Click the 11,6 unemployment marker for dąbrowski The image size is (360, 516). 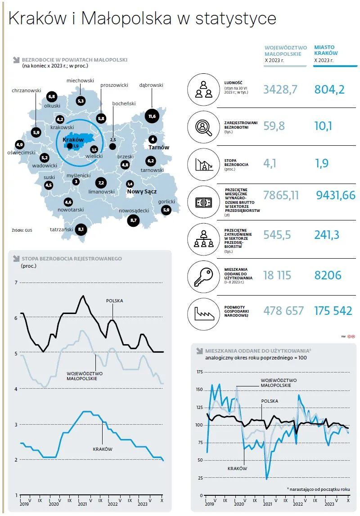pos(152,116)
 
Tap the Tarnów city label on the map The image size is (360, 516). pos(158,148)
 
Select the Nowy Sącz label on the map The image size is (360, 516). pos(142,192)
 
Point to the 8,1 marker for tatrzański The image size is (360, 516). pos(81,229)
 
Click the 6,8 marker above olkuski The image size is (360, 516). pos(52,96)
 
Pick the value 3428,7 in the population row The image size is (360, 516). pos(280,89)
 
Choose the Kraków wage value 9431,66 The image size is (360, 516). pos(336,195)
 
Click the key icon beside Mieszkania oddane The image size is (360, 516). pos(203,277)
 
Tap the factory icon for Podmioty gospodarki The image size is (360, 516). pos(203,314)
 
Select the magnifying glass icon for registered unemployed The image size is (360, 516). pos(203,127)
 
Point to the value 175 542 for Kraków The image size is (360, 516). pos(333,311)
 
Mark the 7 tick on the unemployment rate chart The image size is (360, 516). pos(16,283)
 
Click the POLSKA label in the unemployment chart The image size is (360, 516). pos(114,301)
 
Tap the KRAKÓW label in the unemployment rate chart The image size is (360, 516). pos(103,449)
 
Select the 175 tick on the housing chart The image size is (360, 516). pos(200,372)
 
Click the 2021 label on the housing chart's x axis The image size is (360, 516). pos(268,504)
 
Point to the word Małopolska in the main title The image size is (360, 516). pos(126,18)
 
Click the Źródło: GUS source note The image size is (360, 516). pos(22,230)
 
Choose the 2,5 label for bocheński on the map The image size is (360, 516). pos(113,140)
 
